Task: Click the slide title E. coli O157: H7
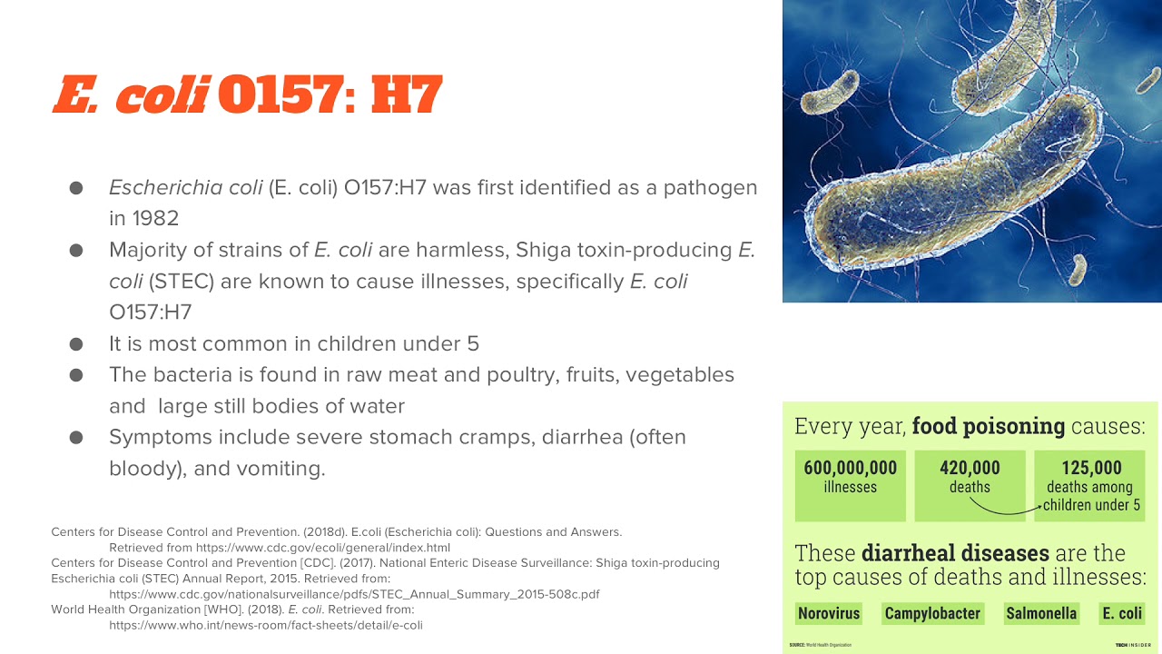tap(247, 94)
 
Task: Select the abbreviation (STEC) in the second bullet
tap(179, 282)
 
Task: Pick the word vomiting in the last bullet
tap(283, 469)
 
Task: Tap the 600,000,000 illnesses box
tap(850, 485)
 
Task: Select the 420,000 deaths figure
tap(970, 469)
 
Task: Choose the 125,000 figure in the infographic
tap(1091, 468)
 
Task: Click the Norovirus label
tap(828, 613)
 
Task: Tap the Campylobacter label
tap(932, 613)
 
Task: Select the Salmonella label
tap(1040, 613)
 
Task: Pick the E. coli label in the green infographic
tap(1122, 613)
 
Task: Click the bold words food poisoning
tap(989, 426)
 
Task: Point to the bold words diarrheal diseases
tap(955, 553)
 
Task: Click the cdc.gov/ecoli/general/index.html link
tap(280, 548)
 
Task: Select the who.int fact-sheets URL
tap(266, 625)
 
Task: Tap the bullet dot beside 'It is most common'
tap(76, 344)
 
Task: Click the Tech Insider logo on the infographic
tap(1133, 645)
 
